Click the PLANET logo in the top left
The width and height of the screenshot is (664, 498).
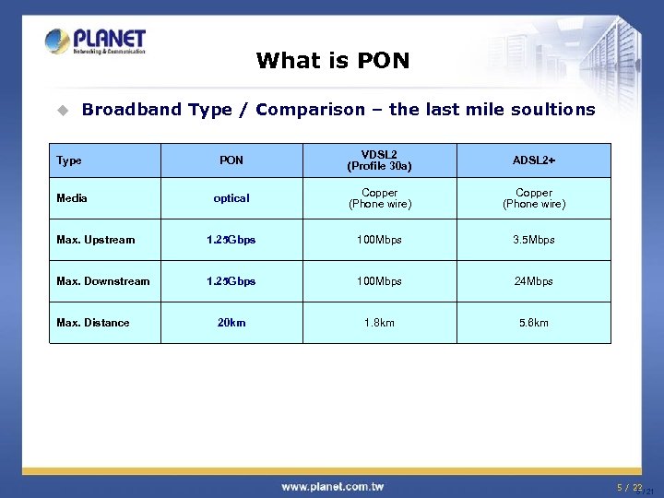[96, 41]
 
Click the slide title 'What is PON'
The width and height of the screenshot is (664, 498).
[332, 61]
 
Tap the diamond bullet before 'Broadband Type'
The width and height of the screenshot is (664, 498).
[62, 110]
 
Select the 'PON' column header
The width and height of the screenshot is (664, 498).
[231, 160]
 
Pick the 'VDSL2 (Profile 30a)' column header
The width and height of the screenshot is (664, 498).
[379, 160]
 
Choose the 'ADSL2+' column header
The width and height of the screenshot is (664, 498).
[533, 160]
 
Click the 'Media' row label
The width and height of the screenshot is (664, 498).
[72, 198]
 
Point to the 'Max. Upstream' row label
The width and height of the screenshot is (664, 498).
[95, 240]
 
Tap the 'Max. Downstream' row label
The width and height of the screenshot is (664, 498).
[102, 281]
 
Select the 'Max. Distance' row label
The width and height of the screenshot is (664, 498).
[92, 323]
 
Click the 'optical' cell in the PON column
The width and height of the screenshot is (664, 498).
[231, 198]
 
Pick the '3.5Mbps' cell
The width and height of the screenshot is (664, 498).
[533, 240]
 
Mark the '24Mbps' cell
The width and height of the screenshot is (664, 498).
[533, 281]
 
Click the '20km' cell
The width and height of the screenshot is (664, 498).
[231, 323]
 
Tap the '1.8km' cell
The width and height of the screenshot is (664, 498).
[379, 323]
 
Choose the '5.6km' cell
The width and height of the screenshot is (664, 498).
[533, 323]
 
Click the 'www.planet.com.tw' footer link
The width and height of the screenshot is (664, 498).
[333, 486]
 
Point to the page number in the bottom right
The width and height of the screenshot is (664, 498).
[631, 487]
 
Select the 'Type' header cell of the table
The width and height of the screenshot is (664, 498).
[69, 160]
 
